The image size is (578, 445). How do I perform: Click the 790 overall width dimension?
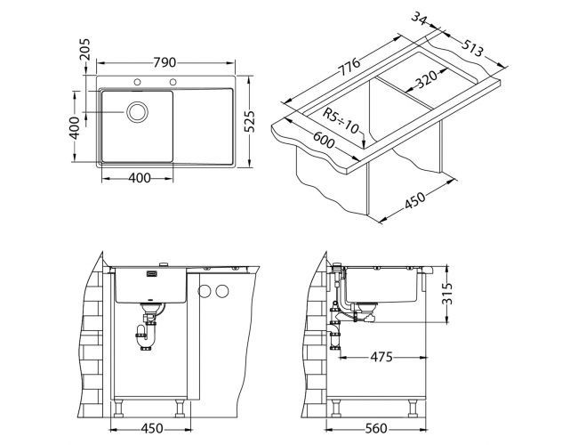tap(164, 62)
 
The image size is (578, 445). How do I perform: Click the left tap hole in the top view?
tap(138, 84)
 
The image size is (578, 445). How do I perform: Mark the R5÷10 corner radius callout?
tap(341, 121)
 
